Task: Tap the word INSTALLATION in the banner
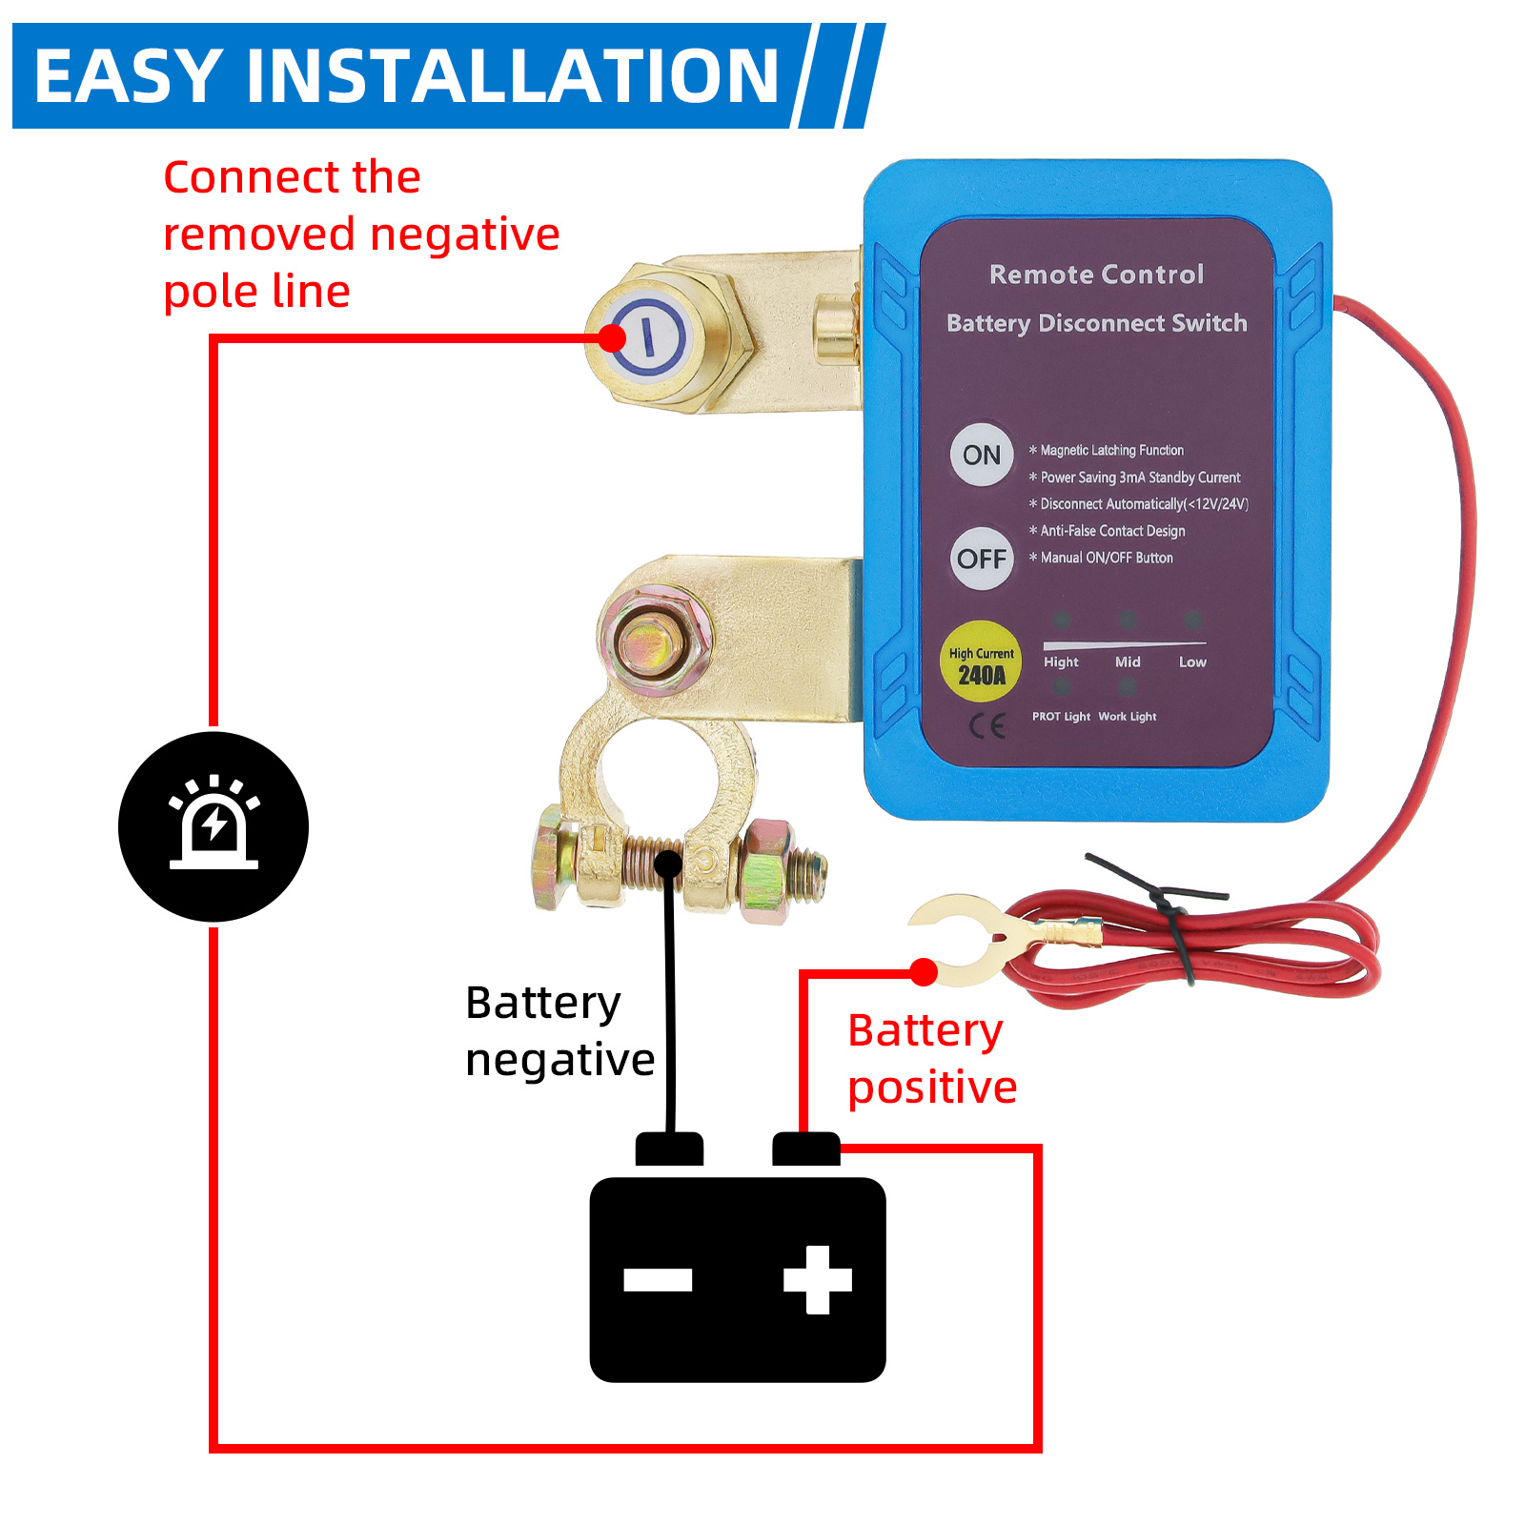(x=512, y=76)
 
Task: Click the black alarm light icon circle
(x=213, y=826)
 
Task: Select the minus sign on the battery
(x=658, y=1280)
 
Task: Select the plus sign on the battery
(x=817, y=1280)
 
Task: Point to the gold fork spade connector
(x=963, y=939)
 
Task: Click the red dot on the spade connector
(x=923, y=971)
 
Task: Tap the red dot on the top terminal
(x=611, y=337)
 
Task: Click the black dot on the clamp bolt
(x=669, y=864)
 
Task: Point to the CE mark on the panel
(x=987, y=727)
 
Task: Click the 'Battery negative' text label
(x=559, y=1031)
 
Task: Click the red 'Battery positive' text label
(x=931, y=1059)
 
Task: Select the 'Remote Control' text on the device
(x=1096, y=274)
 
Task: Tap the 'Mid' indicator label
(x=1128, y=661)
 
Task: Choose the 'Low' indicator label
(x=1192, y=661)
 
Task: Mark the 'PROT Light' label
(x=1061, y=717)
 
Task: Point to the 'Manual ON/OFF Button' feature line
(x=1106, y=558)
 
